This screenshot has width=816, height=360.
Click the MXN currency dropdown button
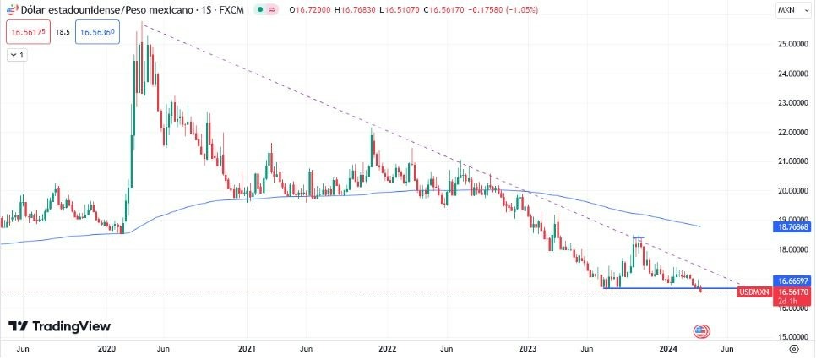pyautogui.click(x=790, y=10)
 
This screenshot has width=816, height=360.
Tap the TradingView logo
pyautogui.click(x=60, y=326)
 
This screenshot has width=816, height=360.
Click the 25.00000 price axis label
pyautogui.click(x=791, y=43)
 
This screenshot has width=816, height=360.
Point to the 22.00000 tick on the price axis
pyautogui.click(x=791, y=132)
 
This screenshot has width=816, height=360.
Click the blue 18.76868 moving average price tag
pyautogui.click(x=791, y=227)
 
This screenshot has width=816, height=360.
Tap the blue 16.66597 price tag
pyautogui.click(x=791, y=280)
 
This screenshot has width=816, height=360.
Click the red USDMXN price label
pyautogui.click(x=753, y=292)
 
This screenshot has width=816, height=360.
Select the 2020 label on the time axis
pyautogui.click(x=106, y=347)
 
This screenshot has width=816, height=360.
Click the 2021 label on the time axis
pyautogui.click(x=247, y=347)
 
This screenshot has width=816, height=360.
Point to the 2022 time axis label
pyautogui.click(x=387, y=347)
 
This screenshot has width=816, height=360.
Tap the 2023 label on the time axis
pyautogui.click(x=527, y=347)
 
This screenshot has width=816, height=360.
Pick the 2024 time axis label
pyautogui.click(x=667, y=347)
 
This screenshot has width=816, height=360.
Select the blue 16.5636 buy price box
pyautogui.click(x=95, y=33)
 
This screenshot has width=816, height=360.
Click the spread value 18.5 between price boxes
pyautogui.click(x=62, y=33)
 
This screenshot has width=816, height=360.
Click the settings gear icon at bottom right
pyautogui.click(x=793, y=347)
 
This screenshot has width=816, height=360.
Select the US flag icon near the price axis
pyautogui.click(x=699, y=330)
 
